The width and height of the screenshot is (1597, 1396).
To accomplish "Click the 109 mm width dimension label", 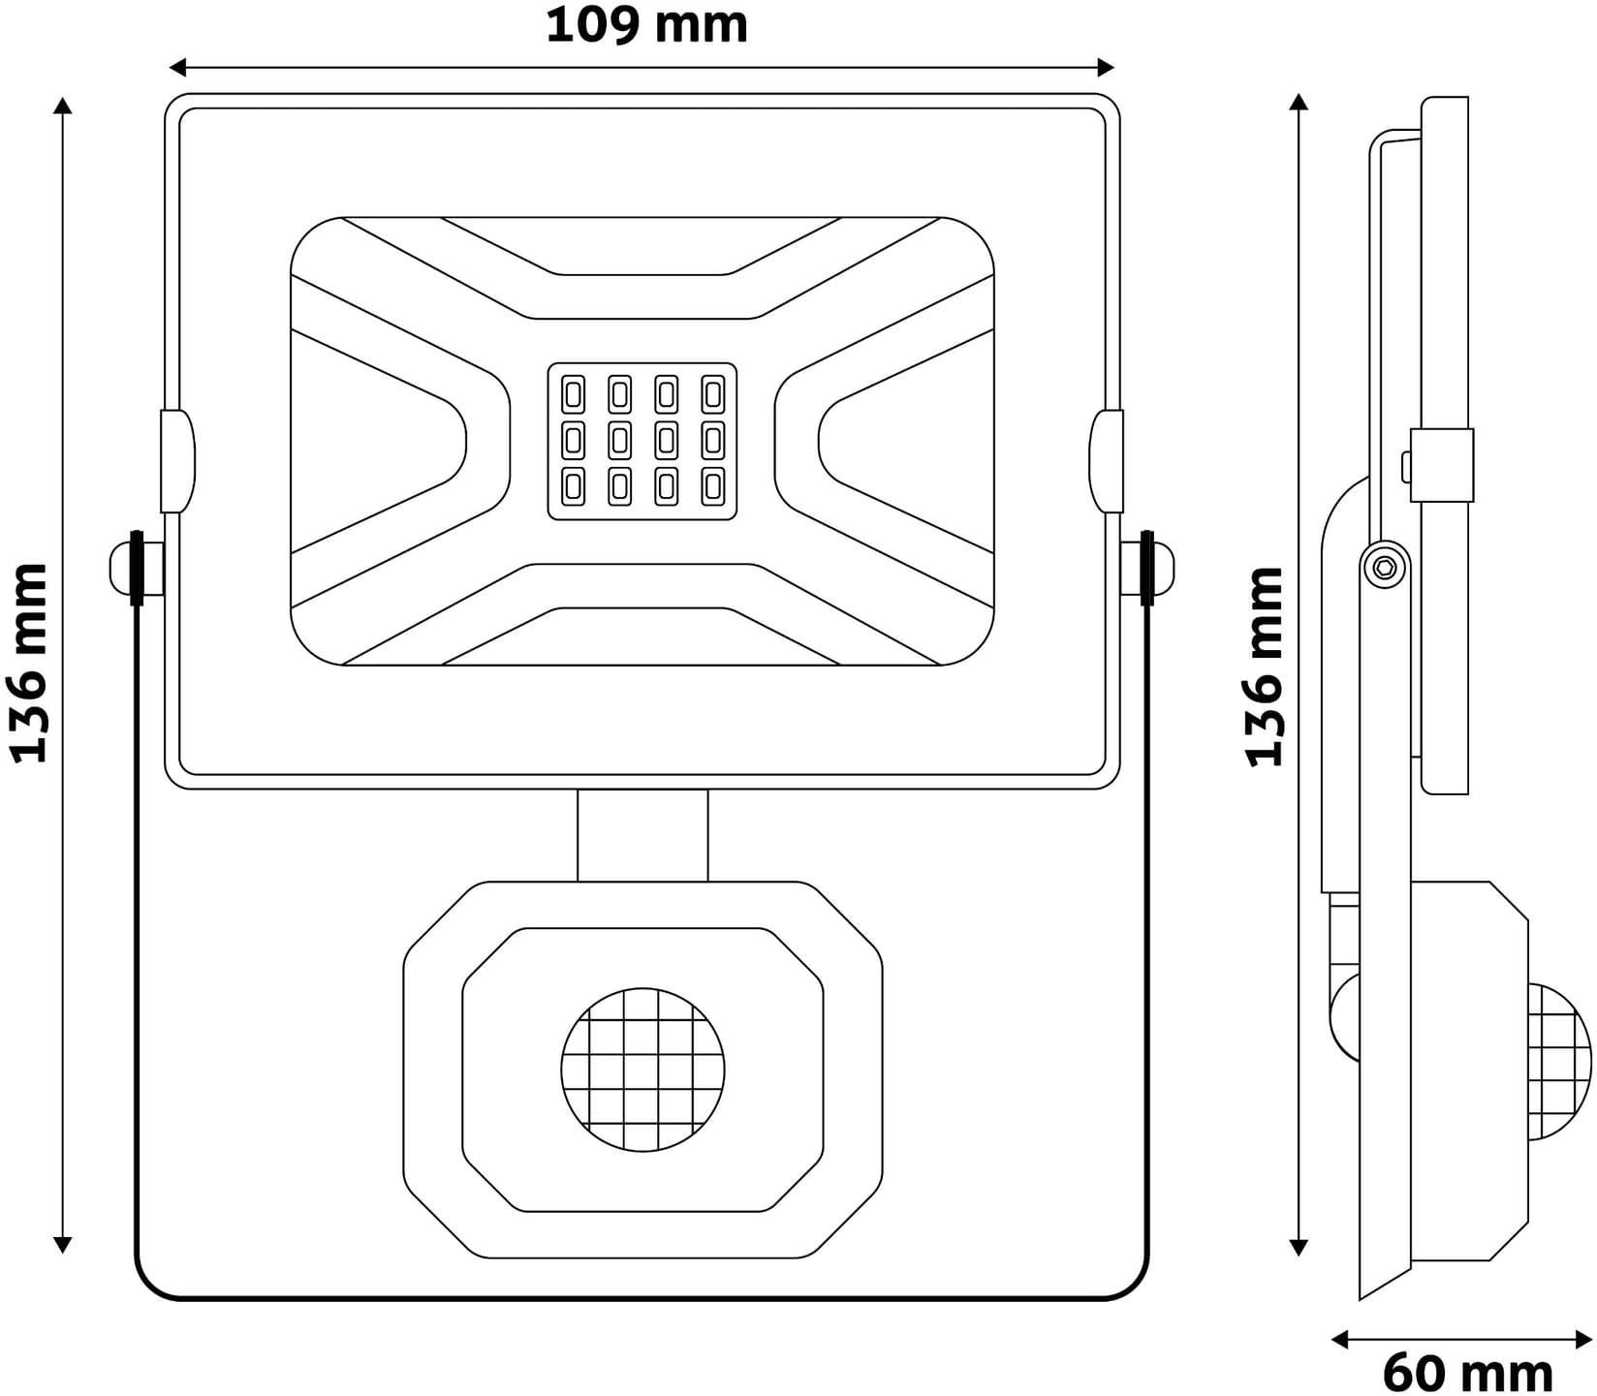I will point(646,26).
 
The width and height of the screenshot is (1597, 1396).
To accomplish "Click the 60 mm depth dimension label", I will point(1466,1372).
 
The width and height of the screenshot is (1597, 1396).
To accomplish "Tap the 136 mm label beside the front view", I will point(29,663).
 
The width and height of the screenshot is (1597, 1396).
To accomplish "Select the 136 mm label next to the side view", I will point(1265,667).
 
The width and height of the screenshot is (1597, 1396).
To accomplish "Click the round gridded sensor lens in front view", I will point(642,1070).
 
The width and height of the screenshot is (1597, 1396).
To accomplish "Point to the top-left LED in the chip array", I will point(573,395).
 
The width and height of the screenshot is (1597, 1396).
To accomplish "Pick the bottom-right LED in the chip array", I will point(713,486).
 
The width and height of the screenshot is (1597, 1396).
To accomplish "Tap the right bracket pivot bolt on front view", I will point(1149,568).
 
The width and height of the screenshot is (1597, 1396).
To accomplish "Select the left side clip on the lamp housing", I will point(177,461).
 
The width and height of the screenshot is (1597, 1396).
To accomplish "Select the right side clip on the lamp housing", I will point(1106,461).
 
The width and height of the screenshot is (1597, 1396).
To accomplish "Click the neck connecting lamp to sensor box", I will point(642,835).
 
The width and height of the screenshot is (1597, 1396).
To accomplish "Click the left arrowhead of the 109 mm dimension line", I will point(177,68).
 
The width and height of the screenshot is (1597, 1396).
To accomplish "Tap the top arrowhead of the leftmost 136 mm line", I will point(63,106).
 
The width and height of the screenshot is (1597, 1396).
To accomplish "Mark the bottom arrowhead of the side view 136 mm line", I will point(1300,1247).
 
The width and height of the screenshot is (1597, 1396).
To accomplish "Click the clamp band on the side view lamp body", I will point(1441,465).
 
